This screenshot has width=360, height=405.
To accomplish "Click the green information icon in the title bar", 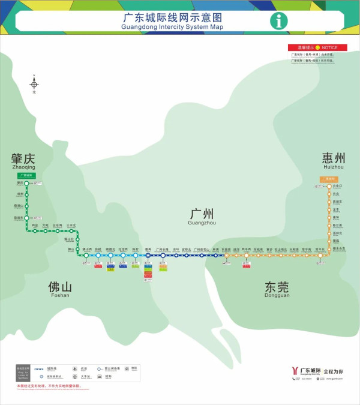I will (278, 21).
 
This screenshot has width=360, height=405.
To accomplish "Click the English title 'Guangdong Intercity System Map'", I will (172, 28).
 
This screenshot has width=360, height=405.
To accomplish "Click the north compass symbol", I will (34, 84).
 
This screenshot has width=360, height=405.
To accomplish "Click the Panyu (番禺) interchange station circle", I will (148, 256).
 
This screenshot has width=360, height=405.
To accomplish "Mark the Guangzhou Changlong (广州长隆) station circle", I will (163, 256).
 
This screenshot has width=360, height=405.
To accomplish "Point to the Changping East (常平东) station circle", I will (320, 256).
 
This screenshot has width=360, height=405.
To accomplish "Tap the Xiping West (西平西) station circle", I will (246, 256).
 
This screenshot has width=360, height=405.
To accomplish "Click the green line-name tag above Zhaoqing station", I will (27, 175).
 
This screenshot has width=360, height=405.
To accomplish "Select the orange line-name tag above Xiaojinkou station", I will (328, 178).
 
